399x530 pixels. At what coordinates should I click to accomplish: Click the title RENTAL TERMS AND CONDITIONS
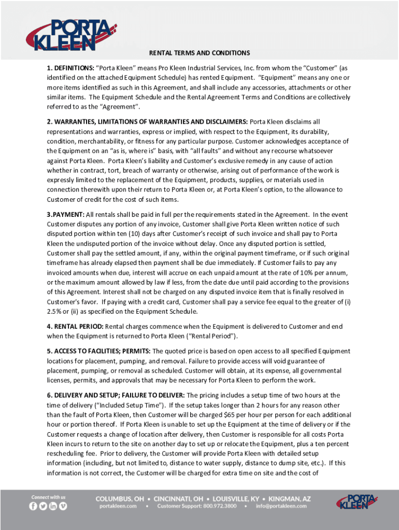coord(199,53)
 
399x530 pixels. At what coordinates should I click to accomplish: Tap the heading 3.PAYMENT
coord(66,214)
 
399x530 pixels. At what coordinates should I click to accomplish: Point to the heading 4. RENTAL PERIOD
coord(75,327)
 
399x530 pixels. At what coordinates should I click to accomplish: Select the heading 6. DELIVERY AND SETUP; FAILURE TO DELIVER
coord(116,395)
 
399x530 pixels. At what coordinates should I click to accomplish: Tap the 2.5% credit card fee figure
coord(54,312)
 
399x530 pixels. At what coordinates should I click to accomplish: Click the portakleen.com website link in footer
coord(118,506)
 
